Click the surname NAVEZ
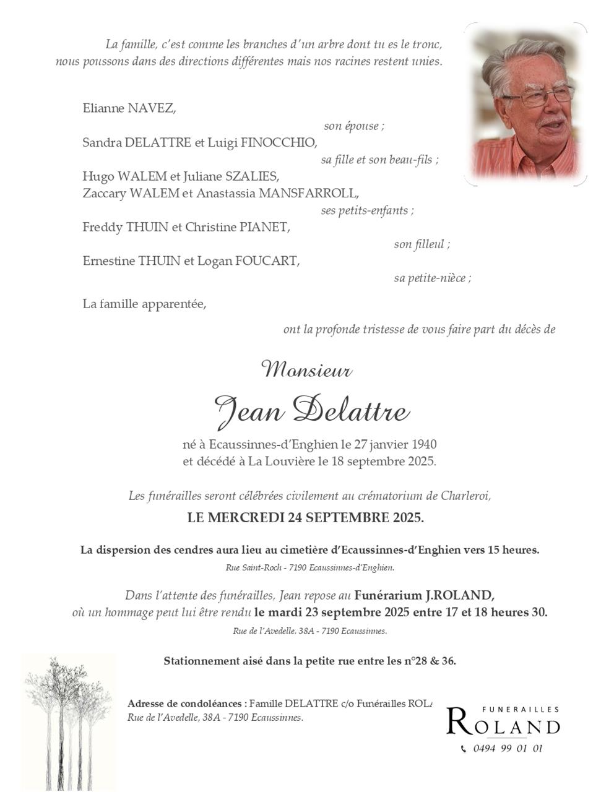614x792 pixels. tap(151, 108)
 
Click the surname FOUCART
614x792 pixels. tap(267, 260)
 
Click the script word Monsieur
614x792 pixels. tap(308, 371)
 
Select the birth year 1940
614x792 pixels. tap(423, 444)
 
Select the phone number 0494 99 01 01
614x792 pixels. tap(508, 748)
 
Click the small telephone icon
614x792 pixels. tap(464, 749)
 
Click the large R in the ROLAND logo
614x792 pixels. tap(458, 721)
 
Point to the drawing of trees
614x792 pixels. tap(67, 721)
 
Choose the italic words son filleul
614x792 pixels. tap(422, 244)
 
